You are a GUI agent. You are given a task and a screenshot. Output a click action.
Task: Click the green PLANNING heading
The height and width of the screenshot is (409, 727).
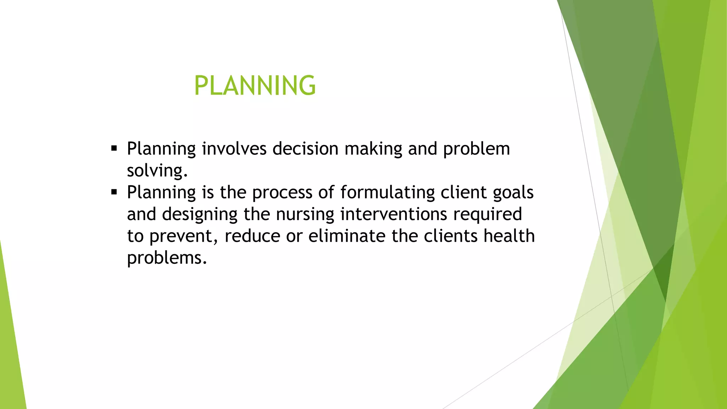[x=255, y=86]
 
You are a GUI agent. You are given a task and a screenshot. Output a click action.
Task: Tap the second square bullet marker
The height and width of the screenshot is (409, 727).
[x=114, y=192]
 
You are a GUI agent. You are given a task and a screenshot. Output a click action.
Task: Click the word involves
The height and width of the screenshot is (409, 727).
[x=234, y=148]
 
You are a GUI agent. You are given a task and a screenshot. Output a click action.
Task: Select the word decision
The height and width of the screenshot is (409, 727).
[x=305, y=148]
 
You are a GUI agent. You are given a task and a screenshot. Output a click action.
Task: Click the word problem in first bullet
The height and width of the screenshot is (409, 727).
[x=476, y=149]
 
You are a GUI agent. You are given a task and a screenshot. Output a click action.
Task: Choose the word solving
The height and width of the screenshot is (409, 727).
[x=157, y=171]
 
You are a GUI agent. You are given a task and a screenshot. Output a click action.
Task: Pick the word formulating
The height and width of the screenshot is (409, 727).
[x=387, y=193]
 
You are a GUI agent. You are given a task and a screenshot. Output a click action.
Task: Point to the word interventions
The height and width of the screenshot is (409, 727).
[x=393, y=214]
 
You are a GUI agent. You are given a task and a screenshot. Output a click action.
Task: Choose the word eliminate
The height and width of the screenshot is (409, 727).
[x=346, y=236]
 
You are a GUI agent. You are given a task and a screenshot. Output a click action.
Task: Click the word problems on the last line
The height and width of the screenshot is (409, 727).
[x=166, y=258]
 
